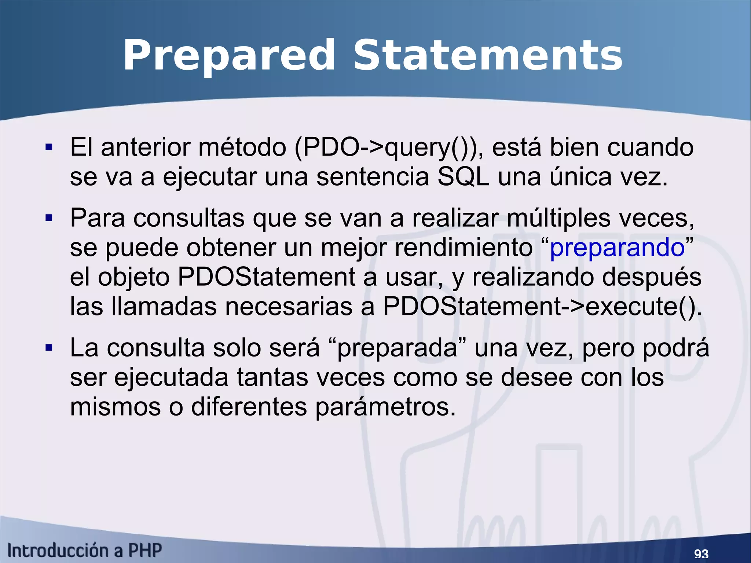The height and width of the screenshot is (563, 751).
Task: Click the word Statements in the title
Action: coord(488,56)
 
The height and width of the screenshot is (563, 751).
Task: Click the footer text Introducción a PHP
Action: coord(84,551)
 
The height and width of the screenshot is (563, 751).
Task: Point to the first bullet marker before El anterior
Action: coord(49,148)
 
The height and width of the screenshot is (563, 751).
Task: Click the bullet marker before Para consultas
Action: coord(49,219)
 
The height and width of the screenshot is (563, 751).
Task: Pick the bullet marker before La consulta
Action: coord(49,348)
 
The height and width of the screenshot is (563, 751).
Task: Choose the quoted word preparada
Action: coord(397,348)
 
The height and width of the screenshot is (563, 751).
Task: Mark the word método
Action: coord(242,147)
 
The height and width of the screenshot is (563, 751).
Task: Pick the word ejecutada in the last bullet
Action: coord(171,378)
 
